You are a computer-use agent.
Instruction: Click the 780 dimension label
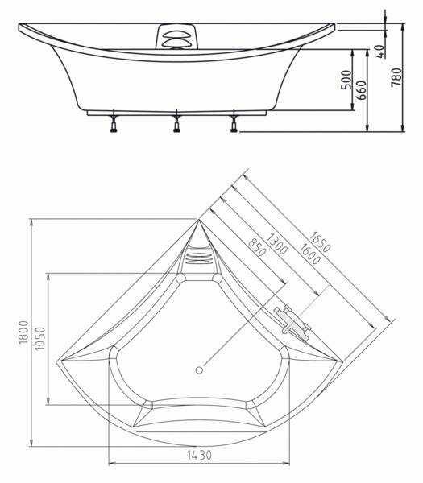pos(396,77)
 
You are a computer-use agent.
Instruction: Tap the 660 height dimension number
pos(361,90)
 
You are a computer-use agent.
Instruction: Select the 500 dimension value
pos(346,80)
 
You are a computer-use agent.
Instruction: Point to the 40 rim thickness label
pos(380,52)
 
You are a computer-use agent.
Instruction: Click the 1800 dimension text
pos(23,332)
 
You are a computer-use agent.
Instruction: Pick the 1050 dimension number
pos(39,338)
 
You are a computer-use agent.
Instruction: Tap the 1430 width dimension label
pos(199,455)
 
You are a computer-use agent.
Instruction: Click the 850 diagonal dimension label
pos(257,247)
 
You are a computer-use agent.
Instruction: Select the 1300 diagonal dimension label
pos(276,244)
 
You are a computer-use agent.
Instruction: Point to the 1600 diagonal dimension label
pos(309,254)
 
